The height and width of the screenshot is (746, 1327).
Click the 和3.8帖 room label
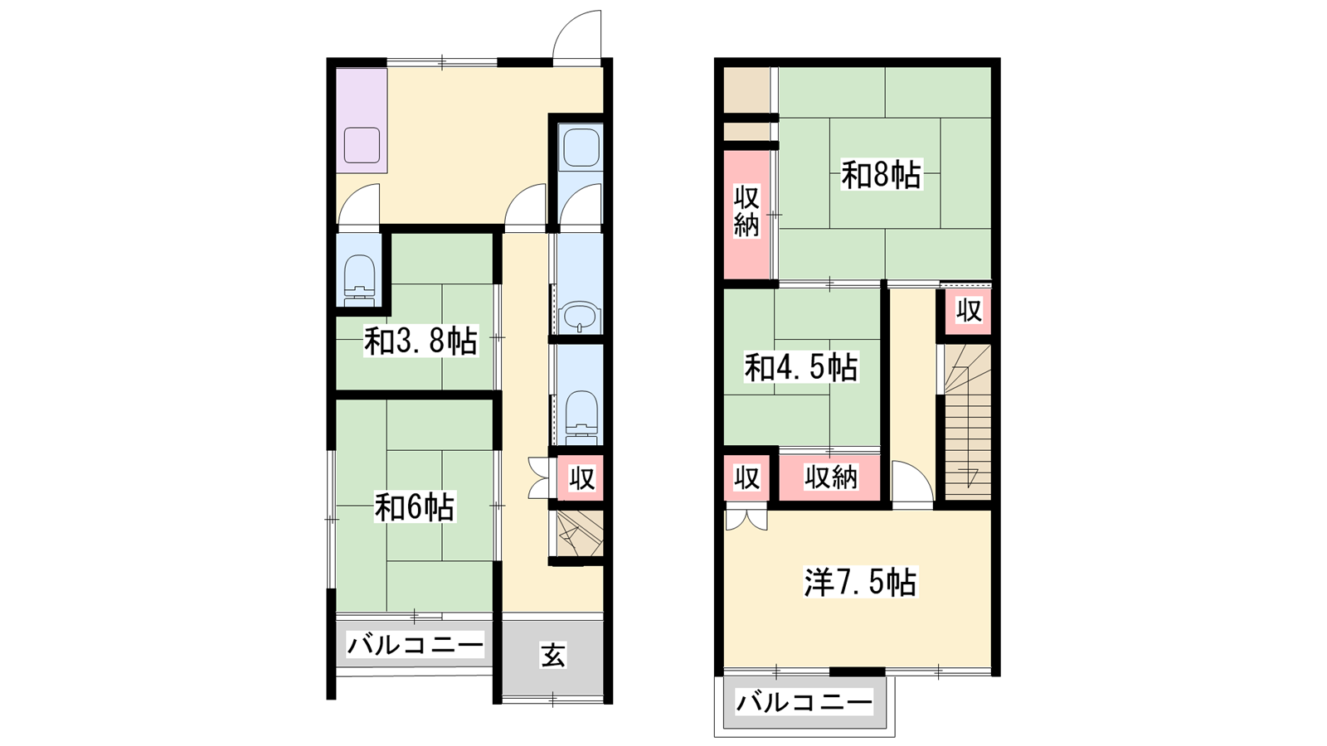(420, 341)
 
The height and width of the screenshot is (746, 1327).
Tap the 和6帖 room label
(415, 507)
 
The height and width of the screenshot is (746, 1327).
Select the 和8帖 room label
(882, 175)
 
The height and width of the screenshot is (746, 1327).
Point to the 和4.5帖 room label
(801, 368)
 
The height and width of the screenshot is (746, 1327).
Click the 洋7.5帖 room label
(860, 582)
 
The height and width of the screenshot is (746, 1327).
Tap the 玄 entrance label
(552, 655)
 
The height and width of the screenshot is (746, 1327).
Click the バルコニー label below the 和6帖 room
(416, 645)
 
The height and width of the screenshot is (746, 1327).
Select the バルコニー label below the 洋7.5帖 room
(804, 703)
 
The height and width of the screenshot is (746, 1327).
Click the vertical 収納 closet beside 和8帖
(746, 211)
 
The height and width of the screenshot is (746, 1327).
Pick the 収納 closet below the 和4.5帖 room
(830, 477)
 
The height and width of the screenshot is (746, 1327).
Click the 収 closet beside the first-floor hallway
(581, 477)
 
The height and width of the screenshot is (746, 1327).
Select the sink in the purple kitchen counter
(362, 145)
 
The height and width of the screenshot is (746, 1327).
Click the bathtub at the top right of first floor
(581, 148)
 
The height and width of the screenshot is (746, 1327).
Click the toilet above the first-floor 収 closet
(581, 418)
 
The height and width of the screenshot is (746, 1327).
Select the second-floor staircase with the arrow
(967, 422)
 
